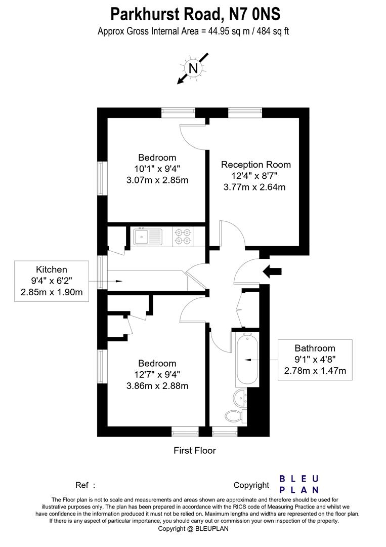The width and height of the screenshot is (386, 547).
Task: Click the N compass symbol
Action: [x=192, y=68]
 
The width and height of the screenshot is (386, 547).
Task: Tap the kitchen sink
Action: [x=148, y=236]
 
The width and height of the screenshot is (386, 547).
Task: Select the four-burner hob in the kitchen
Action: [x=183, y=237]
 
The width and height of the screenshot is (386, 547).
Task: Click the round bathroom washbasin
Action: [x=240, y=396]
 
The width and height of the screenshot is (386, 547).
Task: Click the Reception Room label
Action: [x=256, y=165]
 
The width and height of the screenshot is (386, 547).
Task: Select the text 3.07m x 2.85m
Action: [x=157, y=180]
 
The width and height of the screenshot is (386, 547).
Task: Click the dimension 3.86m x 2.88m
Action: [x=157, y=386]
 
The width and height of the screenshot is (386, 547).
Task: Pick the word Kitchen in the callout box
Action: [x=51, y=269]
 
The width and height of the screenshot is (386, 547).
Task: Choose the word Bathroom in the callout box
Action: [x=315, y=348]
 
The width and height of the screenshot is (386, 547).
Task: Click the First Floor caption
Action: [x=195, y=450]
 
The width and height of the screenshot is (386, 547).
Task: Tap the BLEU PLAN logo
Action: [x=299, y=484]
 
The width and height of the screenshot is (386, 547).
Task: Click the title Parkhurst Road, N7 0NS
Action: [x=193, y=13]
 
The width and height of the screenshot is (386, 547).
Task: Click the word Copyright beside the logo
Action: [x=251, y=485]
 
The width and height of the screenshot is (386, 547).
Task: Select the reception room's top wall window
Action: [x=245, y=112]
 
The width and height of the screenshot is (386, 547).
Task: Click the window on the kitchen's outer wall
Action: [x=103, y=273]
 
